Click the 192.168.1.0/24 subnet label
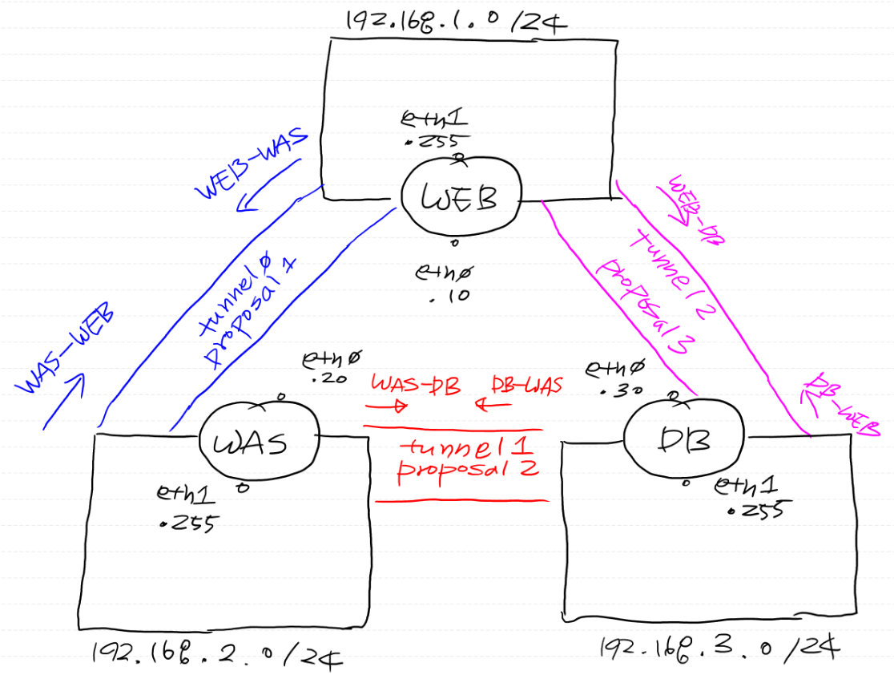(455, 21)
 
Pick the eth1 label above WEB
(433, 120)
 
